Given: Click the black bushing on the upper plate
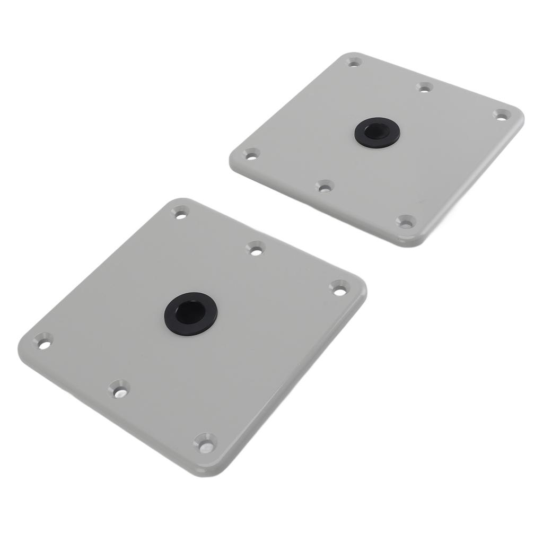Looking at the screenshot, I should (x=377, y=132).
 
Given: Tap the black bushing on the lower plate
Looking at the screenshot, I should (x=190, y=313).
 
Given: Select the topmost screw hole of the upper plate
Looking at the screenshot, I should (x=354, y=62).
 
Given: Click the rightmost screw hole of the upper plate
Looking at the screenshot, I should (x=501, y=115).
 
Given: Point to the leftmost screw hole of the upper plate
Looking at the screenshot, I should (x=251, y=154).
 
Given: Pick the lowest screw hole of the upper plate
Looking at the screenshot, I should (x=406, y=222).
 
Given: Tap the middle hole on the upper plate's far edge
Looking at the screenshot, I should (x=424, y=87).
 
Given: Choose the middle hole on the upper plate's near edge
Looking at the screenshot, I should (x=325, y=186).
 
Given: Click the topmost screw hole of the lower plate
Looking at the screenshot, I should (x=180, y=213).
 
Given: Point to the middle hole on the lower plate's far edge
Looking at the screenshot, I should (x=256, y=248).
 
